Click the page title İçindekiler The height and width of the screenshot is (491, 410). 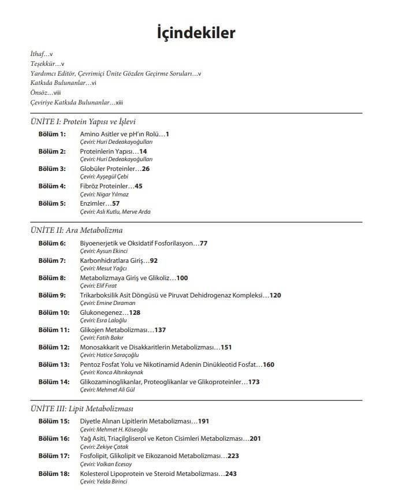pos(196,32)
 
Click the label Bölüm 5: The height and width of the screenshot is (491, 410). pos(52,203)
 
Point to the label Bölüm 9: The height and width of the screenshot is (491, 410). pos(52,295)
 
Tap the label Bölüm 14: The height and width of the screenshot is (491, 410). pos(54,382)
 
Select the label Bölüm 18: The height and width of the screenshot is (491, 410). pos(54,474)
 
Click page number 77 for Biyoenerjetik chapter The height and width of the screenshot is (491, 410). pos(203,243)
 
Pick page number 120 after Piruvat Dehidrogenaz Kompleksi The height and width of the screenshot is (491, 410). pos(275,295)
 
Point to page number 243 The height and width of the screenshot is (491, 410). pos(231,474)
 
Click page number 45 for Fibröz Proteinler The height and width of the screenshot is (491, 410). pos(138,186)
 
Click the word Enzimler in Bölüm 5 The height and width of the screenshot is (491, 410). pos(92,203)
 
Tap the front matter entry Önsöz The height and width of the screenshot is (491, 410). pos(40,92)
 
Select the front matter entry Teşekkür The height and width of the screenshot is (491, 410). pos(43,64)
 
